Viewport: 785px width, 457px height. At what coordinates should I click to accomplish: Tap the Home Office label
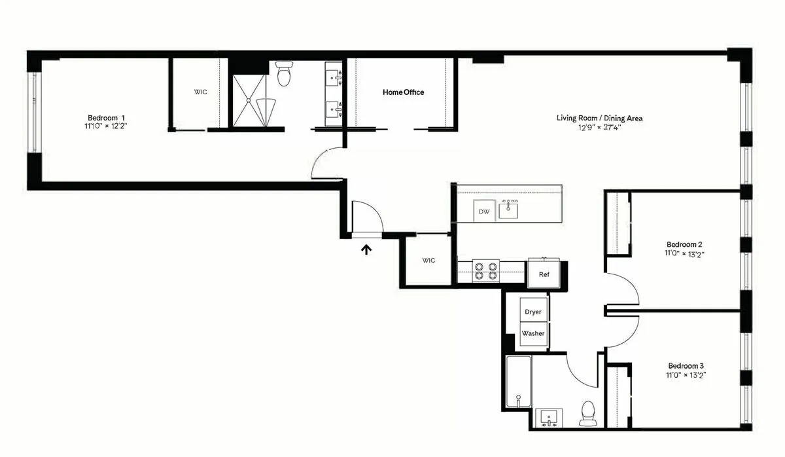coord(403,92)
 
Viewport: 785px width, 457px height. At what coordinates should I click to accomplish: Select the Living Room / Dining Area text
coord(599,119)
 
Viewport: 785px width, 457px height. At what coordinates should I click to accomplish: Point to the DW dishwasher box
coord(484,211)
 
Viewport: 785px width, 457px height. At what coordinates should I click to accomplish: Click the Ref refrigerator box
coord(544,274)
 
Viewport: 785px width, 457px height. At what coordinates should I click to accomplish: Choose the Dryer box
coord(533,312)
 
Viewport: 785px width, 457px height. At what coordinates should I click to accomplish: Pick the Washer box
coord(533,333)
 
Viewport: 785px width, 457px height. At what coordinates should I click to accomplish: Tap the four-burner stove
coord(487,271)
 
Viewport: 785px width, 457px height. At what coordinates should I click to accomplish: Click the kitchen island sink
coord(509,210)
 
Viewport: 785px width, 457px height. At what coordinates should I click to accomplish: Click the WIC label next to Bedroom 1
coord(200,92)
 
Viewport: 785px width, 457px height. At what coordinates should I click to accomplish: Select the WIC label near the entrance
coord(428,261)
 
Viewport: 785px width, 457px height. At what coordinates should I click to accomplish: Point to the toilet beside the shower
coord(284,74)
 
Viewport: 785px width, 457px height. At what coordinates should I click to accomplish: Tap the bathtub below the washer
coord(518,382)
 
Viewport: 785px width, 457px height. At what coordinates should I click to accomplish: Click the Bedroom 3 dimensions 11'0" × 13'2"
coord(686,376)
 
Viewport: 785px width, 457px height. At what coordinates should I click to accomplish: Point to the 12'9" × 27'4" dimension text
coord(599,128)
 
